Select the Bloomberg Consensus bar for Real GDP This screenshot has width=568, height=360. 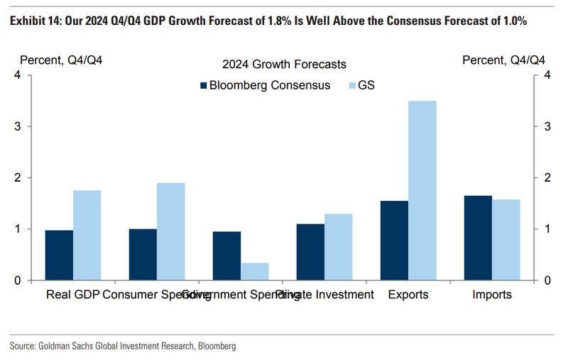[x=59, y=255]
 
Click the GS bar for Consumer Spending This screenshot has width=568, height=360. [x=170, y=231]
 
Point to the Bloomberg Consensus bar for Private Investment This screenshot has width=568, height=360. [x=310, y=252]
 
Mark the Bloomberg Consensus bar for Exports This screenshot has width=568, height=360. [x=394, y=240]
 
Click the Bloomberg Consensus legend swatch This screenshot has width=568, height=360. [x=202, y=85]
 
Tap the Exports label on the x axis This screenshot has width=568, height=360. [x=408, y=295]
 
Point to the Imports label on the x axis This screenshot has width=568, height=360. [x=492, y=295]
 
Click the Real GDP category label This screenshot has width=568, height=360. [x=73, y=295]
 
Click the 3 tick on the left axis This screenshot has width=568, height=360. [x=16, y=126]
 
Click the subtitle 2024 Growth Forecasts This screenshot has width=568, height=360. [x=284, y=65]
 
